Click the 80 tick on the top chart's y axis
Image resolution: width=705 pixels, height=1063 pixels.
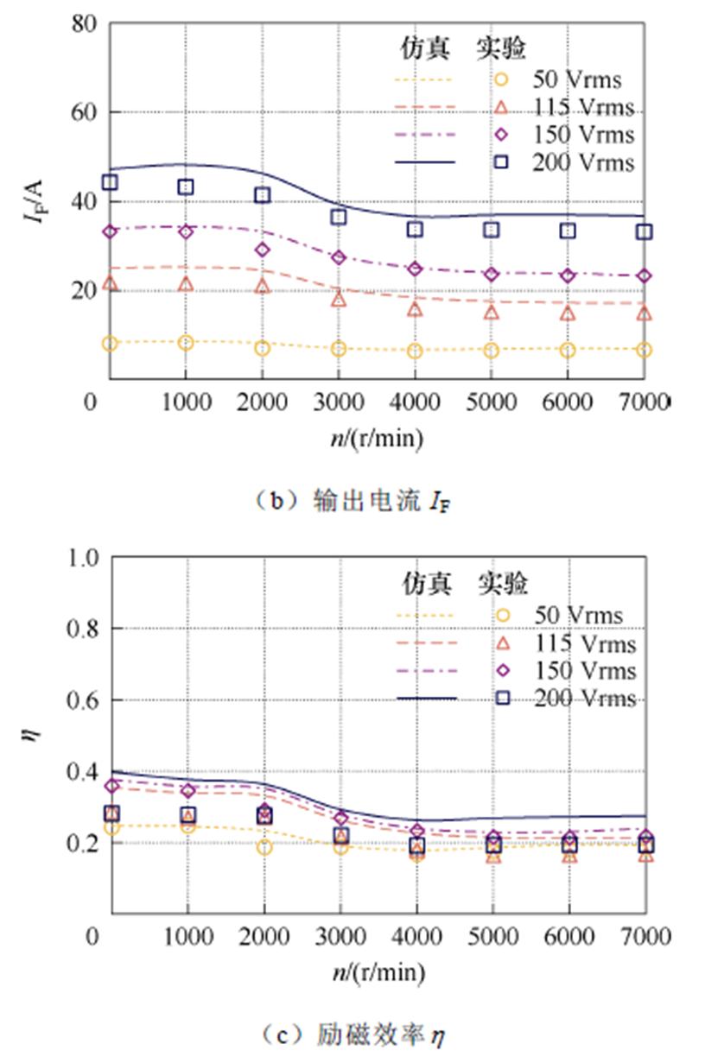(x=83, y=23)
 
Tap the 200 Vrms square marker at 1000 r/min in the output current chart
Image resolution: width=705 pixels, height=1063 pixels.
(x=185, y=187)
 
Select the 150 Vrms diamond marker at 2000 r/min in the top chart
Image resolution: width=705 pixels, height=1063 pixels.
(x=262, y=250)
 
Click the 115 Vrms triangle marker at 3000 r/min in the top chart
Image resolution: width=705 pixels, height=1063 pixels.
(x=339, y=299)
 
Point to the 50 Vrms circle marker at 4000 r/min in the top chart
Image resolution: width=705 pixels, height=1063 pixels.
(x=415, y=351)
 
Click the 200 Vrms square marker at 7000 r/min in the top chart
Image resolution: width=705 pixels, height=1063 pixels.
(x=645, y=231)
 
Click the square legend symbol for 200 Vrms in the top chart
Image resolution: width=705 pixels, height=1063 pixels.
(x=502, y=161)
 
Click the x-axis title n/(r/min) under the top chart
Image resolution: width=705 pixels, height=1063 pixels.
(x=377, y=439)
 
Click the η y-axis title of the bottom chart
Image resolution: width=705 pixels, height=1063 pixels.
(x=35, y=735)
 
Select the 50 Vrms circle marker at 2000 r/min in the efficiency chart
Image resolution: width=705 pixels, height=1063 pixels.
(x=262, y=847)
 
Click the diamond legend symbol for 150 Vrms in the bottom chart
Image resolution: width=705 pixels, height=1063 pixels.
(x=502, y=671)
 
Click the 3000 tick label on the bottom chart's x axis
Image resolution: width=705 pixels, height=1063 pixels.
(x=339, y=937)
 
